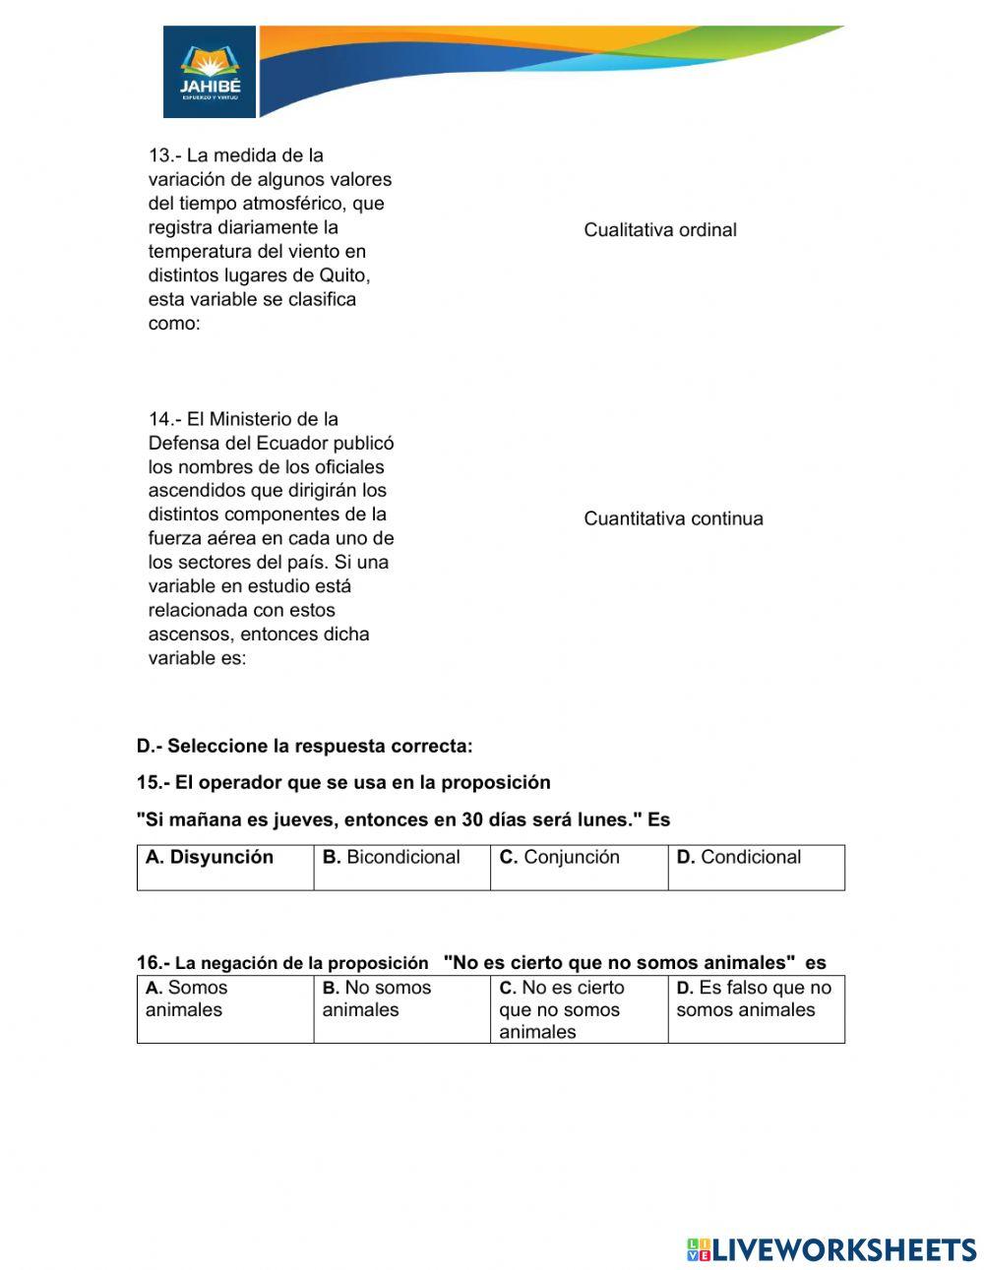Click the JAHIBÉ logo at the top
210,72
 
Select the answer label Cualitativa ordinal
659,230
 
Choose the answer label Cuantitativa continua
673,519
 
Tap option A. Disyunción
210,858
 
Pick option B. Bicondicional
392,858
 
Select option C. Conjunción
560,858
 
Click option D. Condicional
739,858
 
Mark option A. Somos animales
186,998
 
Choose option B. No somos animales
377,998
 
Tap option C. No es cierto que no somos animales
561,1009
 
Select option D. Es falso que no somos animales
754,998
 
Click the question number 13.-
164,155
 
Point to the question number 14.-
164,419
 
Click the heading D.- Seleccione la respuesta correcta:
305,747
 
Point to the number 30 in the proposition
473,820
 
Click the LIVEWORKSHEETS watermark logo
831,1249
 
